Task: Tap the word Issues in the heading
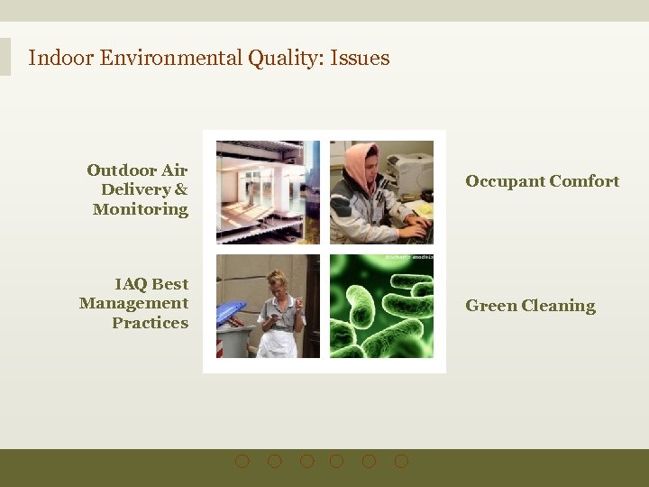(x=360, y=59)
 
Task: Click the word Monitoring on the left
(x=140, y=209)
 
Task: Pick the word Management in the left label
(x=133, y=303)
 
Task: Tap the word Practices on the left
(x=150, y=323)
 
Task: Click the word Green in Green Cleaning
(x=490, y=306)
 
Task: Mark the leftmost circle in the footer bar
(x=242, y=461)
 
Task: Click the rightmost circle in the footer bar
(x=401, y=461)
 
